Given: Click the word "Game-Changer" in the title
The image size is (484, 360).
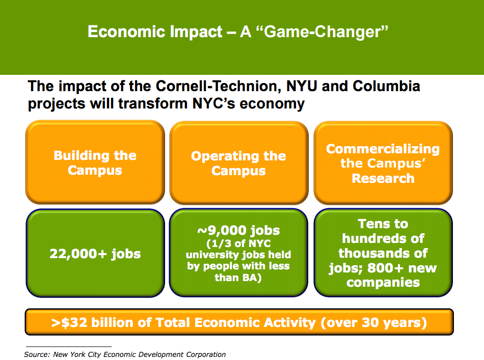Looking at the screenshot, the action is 322,32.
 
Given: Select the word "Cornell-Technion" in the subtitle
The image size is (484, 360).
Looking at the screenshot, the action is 218,86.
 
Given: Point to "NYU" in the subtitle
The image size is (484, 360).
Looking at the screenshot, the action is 302,86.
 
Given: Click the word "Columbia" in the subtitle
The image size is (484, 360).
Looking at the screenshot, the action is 386,86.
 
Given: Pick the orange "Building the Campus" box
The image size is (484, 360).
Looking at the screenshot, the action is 95,162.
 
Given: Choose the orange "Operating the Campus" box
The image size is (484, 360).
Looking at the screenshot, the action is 238,162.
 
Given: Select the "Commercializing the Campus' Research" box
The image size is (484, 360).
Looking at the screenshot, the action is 383,162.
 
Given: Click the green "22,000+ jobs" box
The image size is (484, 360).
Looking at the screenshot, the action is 95,253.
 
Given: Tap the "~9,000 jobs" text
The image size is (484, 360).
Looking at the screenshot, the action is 238,230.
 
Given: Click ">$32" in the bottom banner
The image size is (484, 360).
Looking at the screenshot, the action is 69,322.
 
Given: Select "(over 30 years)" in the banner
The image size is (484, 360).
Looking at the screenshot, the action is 373,322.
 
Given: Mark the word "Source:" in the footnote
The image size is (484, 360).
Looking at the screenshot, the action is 37,354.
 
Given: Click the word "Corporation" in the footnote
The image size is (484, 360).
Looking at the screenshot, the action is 206,354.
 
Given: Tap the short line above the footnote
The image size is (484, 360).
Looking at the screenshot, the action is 69,346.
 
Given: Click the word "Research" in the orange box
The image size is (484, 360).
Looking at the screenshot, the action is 383,178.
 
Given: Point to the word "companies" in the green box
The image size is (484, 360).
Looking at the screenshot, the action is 383,282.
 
